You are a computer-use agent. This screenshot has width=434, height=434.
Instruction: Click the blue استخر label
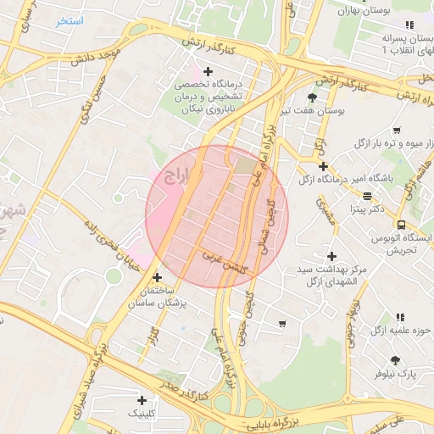pyautogui.click(x=70, y=20)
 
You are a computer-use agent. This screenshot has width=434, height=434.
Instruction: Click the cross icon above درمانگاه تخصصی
pyautogui.click(x=208, y=71)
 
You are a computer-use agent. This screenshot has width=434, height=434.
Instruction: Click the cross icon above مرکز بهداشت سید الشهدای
pyautogui.click(x=331, y=256)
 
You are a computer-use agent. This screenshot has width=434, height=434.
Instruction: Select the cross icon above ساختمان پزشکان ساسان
pyautogui.click(x=156, y=277)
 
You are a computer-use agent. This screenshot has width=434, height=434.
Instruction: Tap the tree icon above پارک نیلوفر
pyautogui.click(x=395, y=360)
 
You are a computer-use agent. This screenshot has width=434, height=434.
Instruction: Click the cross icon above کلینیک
pyautogui.click(x=142, y=399)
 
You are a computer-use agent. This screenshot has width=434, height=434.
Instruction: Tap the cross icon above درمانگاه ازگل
pyautogui.click(x=324, y=166)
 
